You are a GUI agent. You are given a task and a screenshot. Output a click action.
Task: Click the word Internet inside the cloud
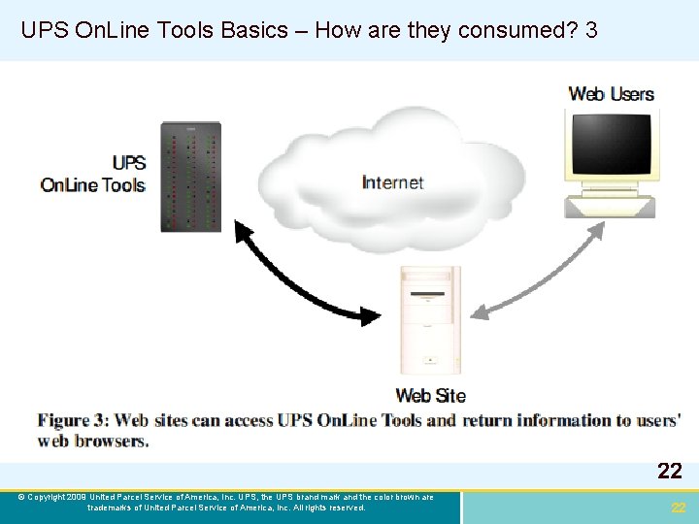coord(392,182)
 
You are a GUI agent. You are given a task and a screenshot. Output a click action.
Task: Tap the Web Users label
coord(611,94)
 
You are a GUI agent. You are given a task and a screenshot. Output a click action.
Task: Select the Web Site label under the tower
coord(430,395)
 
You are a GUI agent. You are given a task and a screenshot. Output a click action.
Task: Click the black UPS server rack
coord(190,176)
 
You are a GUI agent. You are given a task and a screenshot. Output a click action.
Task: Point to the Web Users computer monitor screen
coord(612,144)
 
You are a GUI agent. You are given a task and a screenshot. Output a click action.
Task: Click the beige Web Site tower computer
coord(430,320)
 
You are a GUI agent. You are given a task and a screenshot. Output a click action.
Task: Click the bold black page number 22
coord(669,472)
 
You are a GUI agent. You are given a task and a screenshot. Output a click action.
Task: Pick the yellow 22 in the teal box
coord(679,508)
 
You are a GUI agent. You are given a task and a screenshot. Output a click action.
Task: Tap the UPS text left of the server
coord(128,163)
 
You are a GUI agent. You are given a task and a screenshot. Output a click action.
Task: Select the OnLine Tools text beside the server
coord(92,184)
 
